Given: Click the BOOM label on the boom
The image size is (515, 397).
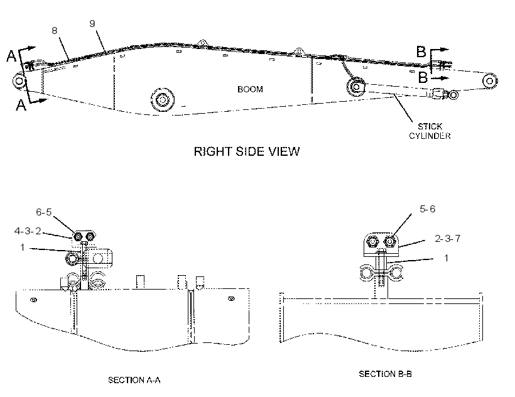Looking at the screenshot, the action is click(x=250, y=89).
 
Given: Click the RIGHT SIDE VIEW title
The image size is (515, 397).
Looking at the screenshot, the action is click(x=247, y=151).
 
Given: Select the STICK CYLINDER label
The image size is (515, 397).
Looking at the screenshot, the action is click(x=430, y=131).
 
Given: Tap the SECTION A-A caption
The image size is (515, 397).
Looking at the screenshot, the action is click(x=134, y=380).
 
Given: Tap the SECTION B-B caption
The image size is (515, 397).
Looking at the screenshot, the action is click(x=385, y=374).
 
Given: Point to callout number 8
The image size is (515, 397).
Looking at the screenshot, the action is click(x=55, y=31).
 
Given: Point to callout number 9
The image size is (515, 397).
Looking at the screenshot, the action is click(x=92, y=24).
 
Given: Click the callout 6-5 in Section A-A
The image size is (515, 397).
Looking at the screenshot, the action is click(x=44, y=212).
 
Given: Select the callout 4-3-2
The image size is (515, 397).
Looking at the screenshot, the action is click(x=28, y=231).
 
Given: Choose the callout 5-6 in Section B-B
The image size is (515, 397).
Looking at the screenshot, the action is click(x=427, y=209).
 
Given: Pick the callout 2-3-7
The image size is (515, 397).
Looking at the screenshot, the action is click(x=447, y=239).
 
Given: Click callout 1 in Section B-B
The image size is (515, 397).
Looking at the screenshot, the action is click(x=446, y=258).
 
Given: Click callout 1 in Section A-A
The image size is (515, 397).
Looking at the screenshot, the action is click(x=23, y=247).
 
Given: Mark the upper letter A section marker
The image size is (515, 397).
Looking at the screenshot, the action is click(x=11, y=56).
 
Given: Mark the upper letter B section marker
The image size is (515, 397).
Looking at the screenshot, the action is click(x=421, y=52).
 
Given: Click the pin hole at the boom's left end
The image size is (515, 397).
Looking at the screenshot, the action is click(x=19, y=81).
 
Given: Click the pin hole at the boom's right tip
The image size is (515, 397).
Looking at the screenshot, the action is click(x=490, y=81).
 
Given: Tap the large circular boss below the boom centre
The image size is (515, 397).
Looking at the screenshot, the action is click(x=163, y=99).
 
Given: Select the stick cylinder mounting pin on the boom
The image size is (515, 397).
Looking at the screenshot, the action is click(x=356, y=87).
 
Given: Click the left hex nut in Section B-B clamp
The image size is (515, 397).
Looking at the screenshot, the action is click(x=372, y=242).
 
